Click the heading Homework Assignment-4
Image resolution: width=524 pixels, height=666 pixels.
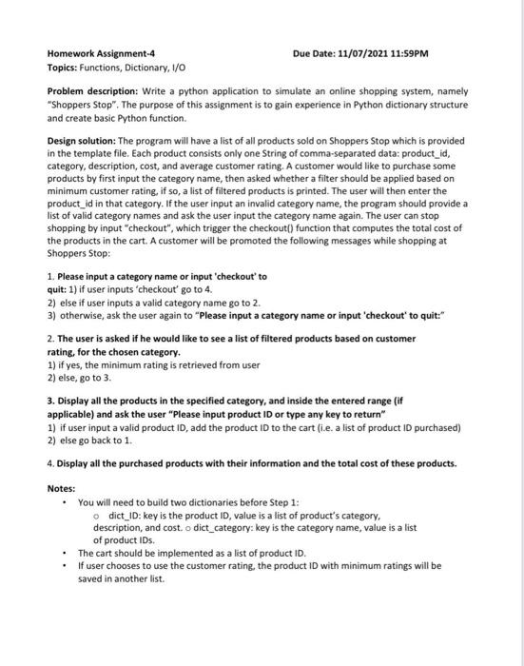[x=102, y=52]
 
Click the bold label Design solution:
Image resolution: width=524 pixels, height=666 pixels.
[x=87, y=139]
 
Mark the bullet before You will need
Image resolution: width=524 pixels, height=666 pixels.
[x=63, y=502]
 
